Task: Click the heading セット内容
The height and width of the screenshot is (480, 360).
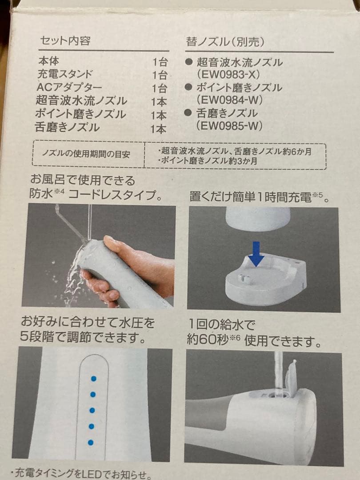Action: point(65,41)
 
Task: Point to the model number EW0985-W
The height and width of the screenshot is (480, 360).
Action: point(229,126)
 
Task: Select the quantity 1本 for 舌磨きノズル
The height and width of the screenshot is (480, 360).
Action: point(159,129)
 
